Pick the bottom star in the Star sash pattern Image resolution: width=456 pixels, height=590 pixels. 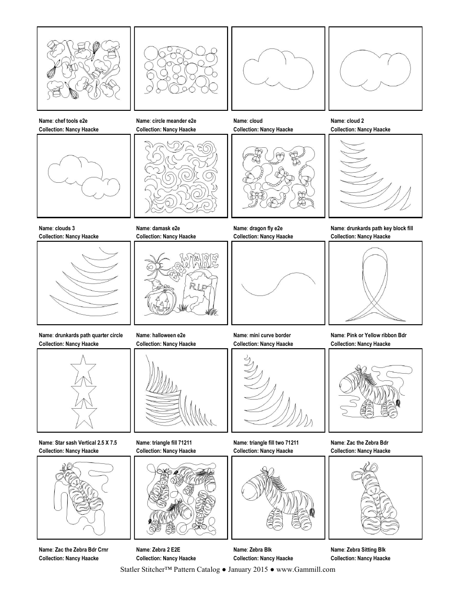pyautogui.click(x=81, y=415)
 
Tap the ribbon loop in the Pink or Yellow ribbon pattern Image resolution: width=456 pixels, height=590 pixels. pyautogui.click(x=375, y=269)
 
